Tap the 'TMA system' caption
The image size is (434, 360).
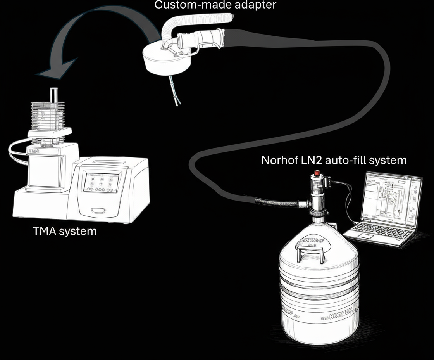tap(65, 232)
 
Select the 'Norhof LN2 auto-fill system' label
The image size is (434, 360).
tap(334, 160)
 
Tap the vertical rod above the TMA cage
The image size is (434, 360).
tap(53, 95)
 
